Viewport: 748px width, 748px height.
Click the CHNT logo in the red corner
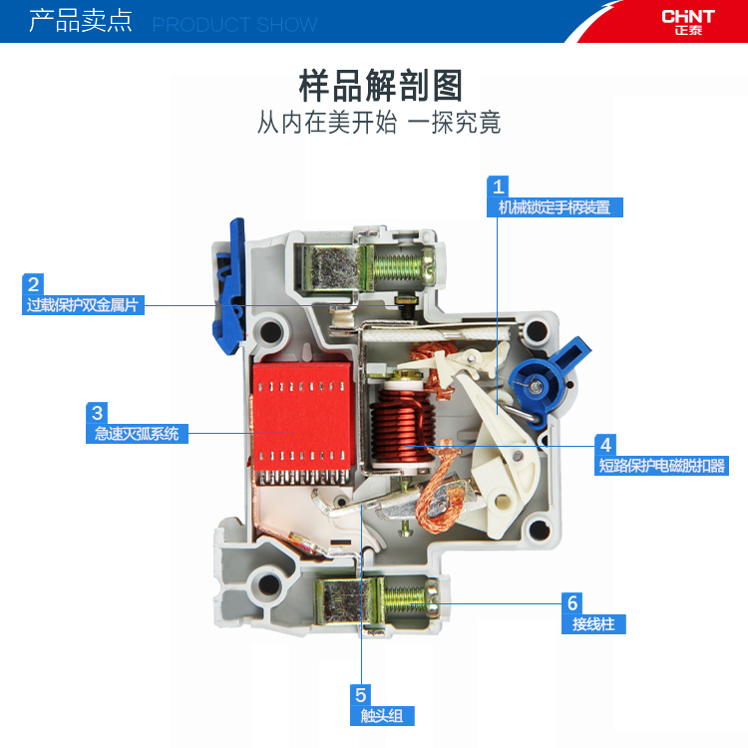[688, 22]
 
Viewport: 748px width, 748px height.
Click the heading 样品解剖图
[380, 86]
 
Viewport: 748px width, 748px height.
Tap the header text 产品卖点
[80, 21]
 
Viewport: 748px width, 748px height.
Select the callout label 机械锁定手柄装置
[555, 207]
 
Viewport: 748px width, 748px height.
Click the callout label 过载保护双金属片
[83, 305]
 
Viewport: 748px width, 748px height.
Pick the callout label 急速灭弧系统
[137, 434]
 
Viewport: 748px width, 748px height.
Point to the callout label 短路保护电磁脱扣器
[661, 465]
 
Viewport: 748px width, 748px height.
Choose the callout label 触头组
[382, 716]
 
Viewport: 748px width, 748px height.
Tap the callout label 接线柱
[593, 624]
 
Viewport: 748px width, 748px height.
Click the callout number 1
[498, 187]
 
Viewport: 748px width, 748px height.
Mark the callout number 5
[361, 695]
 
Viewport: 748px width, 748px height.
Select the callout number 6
[572, 603]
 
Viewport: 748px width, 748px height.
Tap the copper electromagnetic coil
[403, 427]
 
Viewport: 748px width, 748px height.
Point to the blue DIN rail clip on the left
[229, 286]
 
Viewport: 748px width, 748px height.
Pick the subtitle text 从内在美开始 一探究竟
[379, 123]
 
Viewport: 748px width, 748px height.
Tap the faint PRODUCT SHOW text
[234, 25]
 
